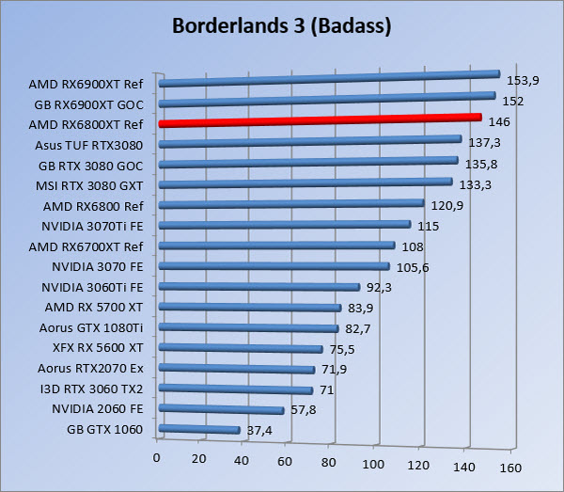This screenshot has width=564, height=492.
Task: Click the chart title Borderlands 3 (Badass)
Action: point(281,25)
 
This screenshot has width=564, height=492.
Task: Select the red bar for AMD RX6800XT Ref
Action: point(320,120)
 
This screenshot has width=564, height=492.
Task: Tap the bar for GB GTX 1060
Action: point(200,430)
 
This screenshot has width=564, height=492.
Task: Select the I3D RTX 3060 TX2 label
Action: point(90,388)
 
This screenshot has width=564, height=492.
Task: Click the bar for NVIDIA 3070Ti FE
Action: point(286,225)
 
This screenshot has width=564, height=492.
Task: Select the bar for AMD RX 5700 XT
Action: point(251,308)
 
